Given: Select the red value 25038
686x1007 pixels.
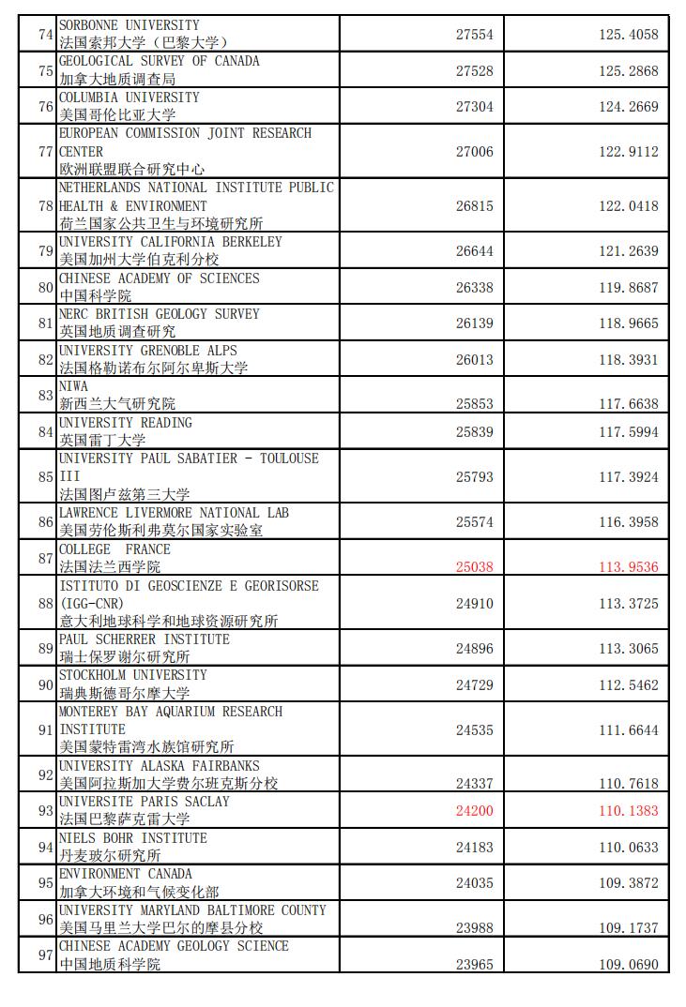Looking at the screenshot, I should click(x=474, y=567).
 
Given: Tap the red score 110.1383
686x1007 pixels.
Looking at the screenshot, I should click(x=629, y=811).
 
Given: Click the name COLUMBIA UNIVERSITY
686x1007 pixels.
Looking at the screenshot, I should click(x=130, y=98).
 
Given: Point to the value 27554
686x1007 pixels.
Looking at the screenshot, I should click(x=474, y=35).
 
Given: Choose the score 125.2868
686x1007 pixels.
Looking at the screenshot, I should click(x=629, y=70).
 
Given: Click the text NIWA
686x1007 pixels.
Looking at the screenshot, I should click(x=73, y=386).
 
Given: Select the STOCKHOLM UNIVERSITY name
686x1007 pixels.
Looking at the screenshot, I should click(x=132, y=675).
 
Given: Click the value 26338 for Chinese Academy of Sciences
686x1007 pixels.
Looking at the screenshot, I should click(x=474, y=288).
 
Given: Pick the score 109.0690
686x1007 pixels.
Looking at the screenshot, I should click(x=629, y=964).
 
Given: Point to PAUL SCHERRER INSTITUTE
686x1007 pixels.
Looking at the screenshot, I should click(x=144, y=639).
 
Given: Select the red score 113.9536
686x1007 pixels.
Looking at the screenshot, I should click(x=629, y=567).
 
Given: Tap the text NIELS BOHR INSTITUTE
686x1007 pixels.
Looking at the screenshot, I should click(x=132, y=838).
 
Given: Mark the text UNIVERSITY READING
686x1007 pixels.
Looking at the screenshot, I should click(x=125, y=423).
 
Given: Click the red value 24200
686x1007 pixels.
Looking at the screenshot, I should click(x=474, y=811).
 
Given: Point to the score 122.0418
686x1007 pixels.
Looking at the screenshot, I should click(x=629, y=205).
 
